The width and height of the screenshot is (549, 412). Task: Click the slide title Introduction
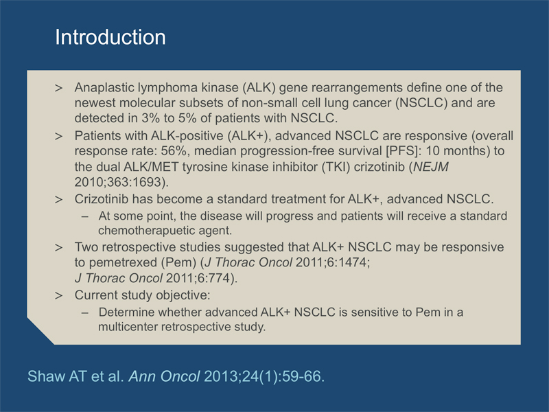coord(110,37)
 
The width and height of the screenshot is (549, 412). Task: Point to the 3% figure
coord(150,118)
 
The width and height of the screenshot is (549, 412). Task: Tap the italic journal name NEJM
coord(431,167)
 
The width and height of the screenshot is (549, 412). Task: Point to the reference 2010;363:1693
coord(119,182)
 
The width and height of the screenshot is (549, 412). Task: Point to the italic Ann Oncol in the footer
coord(165,376)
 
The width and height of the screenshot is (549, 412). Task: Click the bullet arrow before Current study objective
coord(59,295)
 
